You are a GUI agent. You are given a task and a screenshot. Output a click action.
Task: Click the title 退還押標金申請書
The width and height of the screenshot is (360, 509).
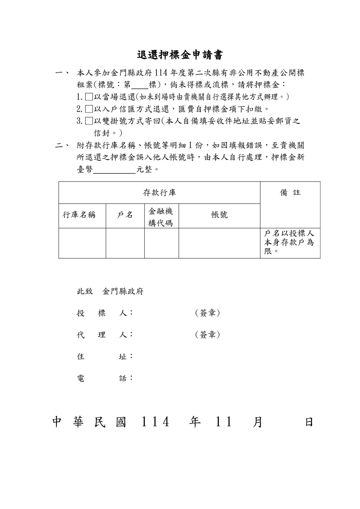(180, 55)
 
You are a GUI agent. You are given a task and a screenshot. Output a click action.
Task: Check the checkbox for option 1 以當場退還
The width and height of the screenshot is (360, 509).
(89, 97)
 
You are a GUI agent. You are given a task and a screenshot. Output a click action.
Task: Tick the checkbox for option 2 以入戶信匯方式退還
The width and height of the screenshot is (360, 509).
(89, 109)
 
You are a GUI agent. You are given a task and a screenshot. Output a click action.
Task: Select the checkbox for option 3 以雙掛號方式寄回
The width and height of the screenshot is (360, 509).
(89, 121)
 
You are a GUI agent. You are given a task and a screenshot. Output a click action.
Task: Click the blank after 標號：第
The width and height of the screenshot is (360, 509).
(140, 85)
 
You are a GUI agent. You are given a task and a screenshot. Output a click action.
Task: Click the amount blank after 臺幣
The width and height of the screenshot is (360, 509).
(114, 169)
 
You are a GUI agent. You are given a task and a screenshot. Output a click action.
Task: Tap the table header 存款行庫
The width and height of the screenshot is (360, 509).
(159, 193)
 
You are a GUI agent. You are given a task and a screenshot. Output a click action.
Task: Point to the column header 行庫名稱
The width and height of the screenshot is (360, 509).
(79, 215)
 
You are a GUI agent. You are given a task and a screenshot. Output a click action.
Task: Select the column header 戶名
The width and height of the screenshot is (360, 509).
(125, 215)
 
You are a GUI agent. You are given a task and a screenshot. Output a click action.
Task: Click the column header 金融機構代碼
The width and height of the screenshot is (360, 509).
(161, 217)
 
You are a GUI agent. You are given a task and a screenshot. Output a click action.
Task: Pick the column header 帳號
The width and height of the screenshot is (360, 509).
(219, 215)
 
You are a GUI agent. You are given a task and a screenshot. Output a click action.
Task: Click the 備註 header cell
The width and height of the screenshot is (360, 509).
(290, 193)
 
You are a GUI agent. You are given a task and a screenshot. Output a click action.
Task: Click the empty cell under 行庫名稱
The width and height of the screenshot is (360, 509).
(82, 243)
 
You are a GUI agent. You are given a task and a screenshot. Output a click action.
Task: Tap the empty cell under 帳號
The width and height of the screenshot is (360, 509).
(219, 243)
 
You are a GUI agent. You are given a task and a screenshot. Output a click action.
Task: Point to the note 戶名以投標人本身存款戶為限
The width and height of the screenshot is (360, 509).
(289, 242)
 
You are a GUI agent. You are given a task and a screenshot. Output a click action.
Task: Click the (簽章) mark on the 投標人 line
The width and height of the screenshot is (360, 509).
(208, 313)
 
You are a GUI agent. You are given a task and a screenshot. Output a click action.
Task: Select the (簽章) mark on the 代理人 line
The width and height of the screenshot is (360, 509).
(208, 335)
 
